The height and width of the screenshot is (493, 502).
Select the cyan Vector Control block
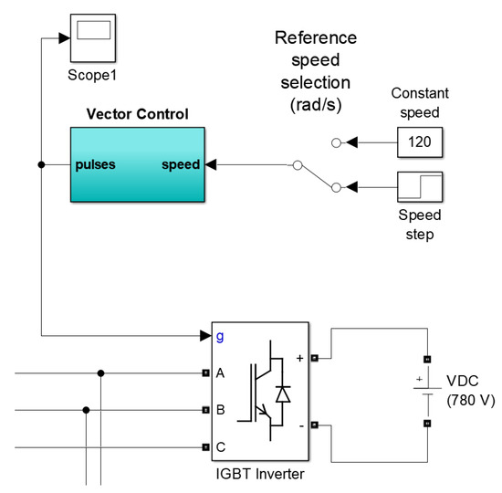[137, 165]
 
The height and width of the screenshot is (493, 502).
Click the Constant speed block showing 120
[421, 143]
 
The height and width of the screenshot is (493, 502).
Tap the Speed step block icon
[421, 187]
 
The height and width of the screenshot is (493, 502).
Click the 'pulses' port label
[97, 165]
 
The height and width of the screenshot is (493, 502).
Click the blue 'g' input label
[219, 336]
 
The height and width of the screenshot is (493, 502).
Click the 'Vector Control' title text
[137, 114]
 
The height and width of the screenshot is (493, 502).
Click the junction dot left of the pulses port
[42, 165]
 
